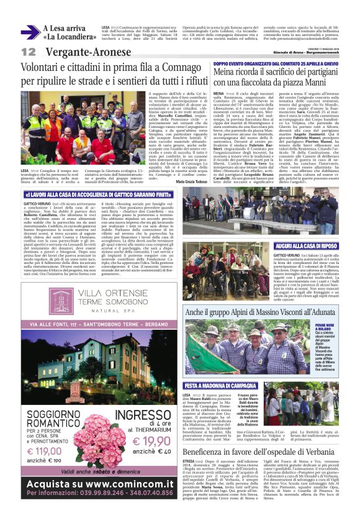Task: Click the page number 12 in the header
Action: point(29,52)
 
